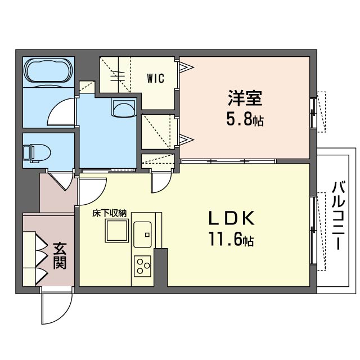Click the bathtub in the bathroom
coord(49,70)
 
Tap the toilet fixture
coord(37,154)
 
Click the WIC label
coord(156,78)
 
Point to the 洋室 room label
coord(245,98)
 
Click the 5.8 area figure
coord(245,120)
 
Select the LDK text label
coord(231,218)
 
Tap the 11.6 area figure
coord(231,240)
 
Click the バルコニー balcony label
coord(339,215)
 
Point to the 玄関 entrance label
coord(60,256)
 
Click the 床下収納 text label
coord(110,214)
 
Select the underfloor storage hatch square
coord(116,231)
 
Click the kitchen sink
coord(142,235)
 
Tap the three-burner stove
coord(142,265)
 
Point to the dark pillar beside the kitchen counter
coord(161,267)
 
